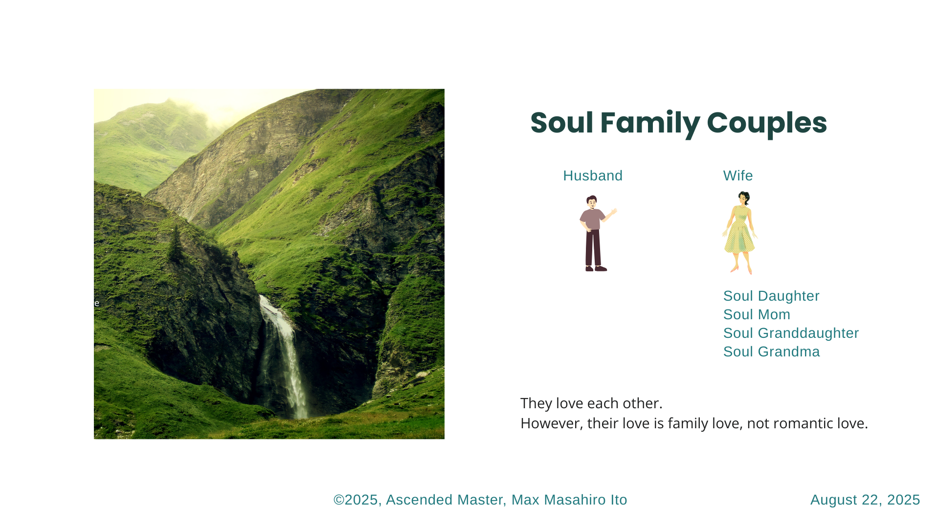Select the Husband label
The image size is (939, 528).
[x=593, y=176]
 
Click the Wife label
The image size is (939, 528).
[x=738, y=176]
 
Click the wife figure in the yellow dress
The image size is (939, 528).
[x=740, y=233]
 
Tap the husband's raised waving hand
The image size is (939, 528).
[x=613, y=212]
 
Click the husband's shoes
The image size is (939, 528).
[x=596, y=268]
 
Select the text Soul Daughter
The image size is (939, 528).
[x=771, y=296]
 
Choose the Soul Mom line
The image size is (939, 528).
[x=757, y=314]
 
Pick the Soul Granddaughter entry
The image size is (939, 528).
[x=791, y=333]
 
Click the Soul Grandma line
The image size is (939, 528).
[x=771, y=352]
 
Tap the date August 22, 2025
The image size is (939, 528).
[x=865, y=500]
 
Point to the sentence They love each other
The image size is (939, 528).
[x=591, y=403]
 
